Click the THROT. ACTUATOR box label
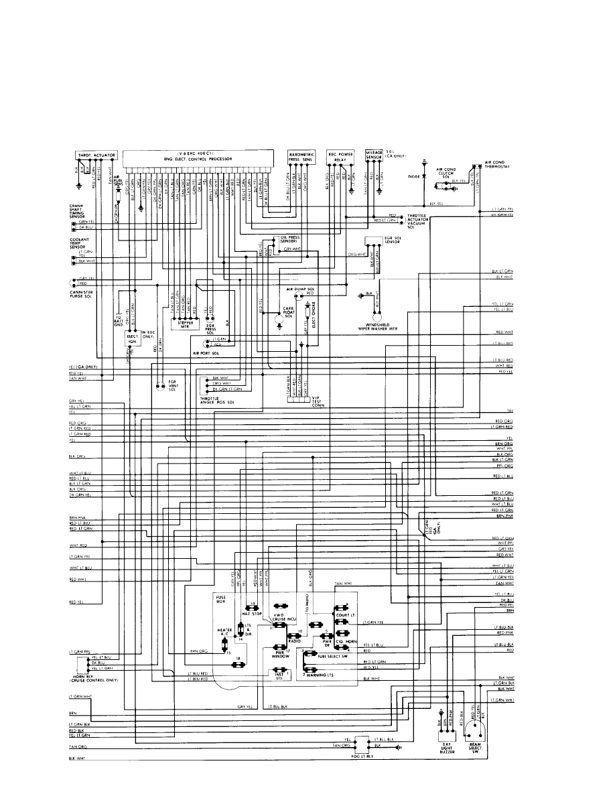pyautogui.click(x=97, y=155)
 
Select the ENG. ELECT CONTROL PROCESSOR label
pyautogui.click(x=201, y=158)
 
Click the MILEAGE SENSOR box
pyautogui.click(x=374, y=155)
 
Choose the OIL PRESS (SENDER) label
pyautogui.click(x=292, y=238)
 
